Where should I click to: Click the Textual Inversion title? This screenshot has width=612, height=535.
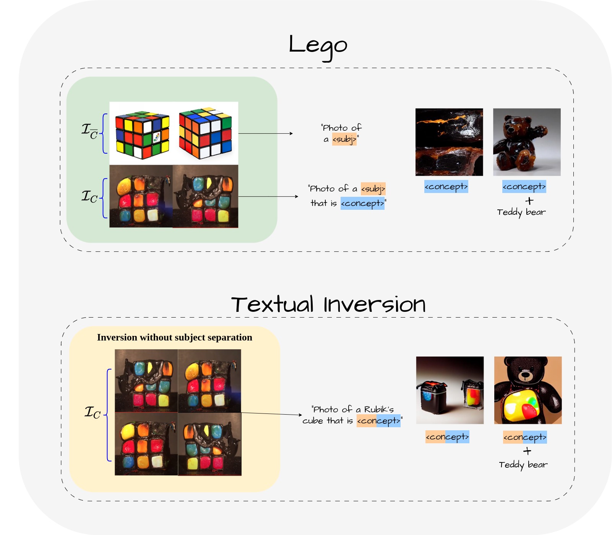pyautogui.click(x=328, y=305)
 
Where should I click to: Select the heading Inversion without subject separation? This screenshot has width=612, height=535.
pyautogui.click(x=174, y=337)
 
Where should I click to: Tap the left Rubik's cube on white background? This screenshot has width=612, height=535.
pyautogui.click(x=142, y=135)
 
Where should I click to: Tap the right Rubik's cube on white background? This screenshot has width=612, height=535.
pyautogui.click(x=206, y=133)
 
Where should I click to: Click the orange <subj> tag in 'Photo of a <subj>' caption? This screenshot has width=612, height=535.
pyautogui.click(x=344, y=139)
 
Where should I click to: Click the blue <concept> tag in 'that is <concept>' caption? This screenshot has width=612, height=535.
pyautogui.click(x=362, y=203)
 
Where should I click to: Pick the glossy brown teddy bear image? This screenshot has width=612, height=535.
pyautogui.click(x=527, y=142)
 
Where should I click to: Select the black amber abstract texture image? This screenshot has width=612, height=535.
pyautogui.click(x=449, y=142)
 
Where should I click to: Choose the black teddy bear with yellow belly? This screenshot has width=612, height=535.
pyautogui.click(x=528, y=390)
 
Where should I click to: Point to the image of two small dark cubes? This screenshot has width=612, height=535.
pyautogui.click(x=450, y=390)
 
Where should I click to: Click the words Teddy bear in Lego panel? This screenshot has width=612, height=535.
pyautogui.click(x=521, y=212)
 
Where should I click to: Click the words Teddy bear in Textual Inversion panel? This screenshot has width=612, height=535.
pyautogui.click(x=523, y=465)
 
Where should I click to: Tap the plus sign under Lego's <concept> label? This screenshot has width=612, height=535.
pyautogui.click(x=529, y=201)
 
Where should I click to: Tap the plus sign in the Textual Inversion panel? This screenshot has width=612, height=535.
pyautogui.click(x=527, y=451)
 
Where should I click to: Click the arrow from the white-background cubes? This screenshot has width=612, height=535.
pyautogui.click(x=266, y=133)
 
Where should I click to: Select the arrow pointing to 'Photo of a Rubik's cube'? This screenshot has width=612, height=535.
pyautogui.click(x=271, y=414)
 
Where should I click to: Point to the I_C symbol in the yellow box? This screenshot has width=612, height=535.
pyautogui.click(x=93, y=412)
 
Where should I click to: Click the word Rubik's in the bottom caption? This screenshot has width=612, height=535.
pyautogui.click(x=379, y=410)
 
